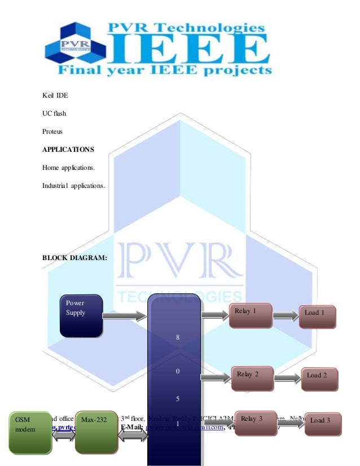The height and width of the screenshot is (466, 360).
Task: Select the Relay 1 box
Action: tap(250, 315)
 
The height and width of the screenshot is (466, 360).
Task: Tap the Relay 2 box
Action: tap(252, 377)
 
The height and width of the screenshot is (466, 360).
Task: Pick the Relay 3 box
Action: tap(254, 423)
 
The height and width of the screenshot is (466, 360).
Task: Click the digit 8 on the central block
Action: tap(177, 337)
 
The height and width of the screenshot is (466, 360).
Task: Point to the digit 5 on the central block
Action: tap(177, 399)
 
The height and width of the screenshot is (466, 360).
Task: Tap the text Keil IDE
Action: tap(55, 95)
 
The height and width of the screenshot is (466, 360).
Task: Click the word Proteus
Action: tap(54, 131)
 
